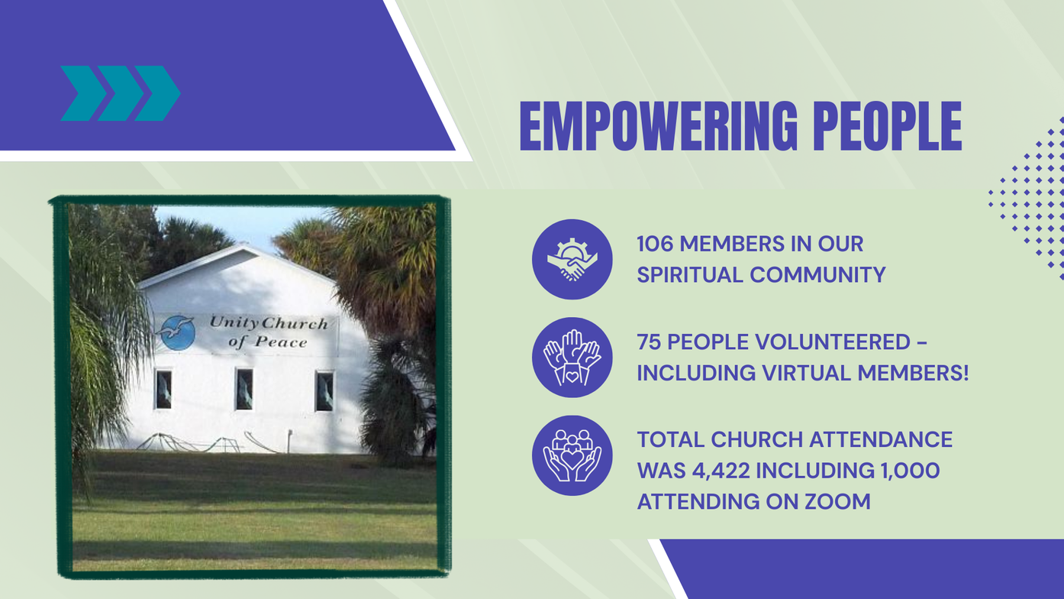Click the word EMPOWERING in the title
pyautogui.click(x=659, y=126)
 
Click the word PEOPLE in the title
pyautogui.click(x=887, y=126)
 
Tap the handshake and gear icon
pyautogui.click(x=572, y=259)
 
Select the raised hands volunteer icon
pyautogui.click(x=572, y=358)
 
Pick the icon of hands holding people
pyautogui.click(x=572, y=455)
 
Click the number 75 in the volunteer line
pyautogui.click(x=649, y=342)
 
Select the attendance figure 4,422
pyautogui.click(x=721, y=471)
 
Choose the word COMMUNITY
pyautogui.click(x=817, y=275)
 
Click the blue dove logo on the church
pyautogui.click(x=176, y=332)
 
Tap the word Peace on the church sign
pyautogui.click(x=281, y=342)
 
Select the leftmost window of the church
pyautogui.click(x=163, y=390)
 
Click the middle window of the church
pyautogui.click(x=244, y=390)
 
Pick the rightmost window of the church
pyautogui.click(x=324, y=391)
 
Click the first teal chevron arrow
pyautogui.click(x=84, y=93)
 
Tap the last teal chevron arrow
pyautogui.click(x=158, y=93)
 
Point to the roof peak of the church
pyautogui.click(x=243, y=245)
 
